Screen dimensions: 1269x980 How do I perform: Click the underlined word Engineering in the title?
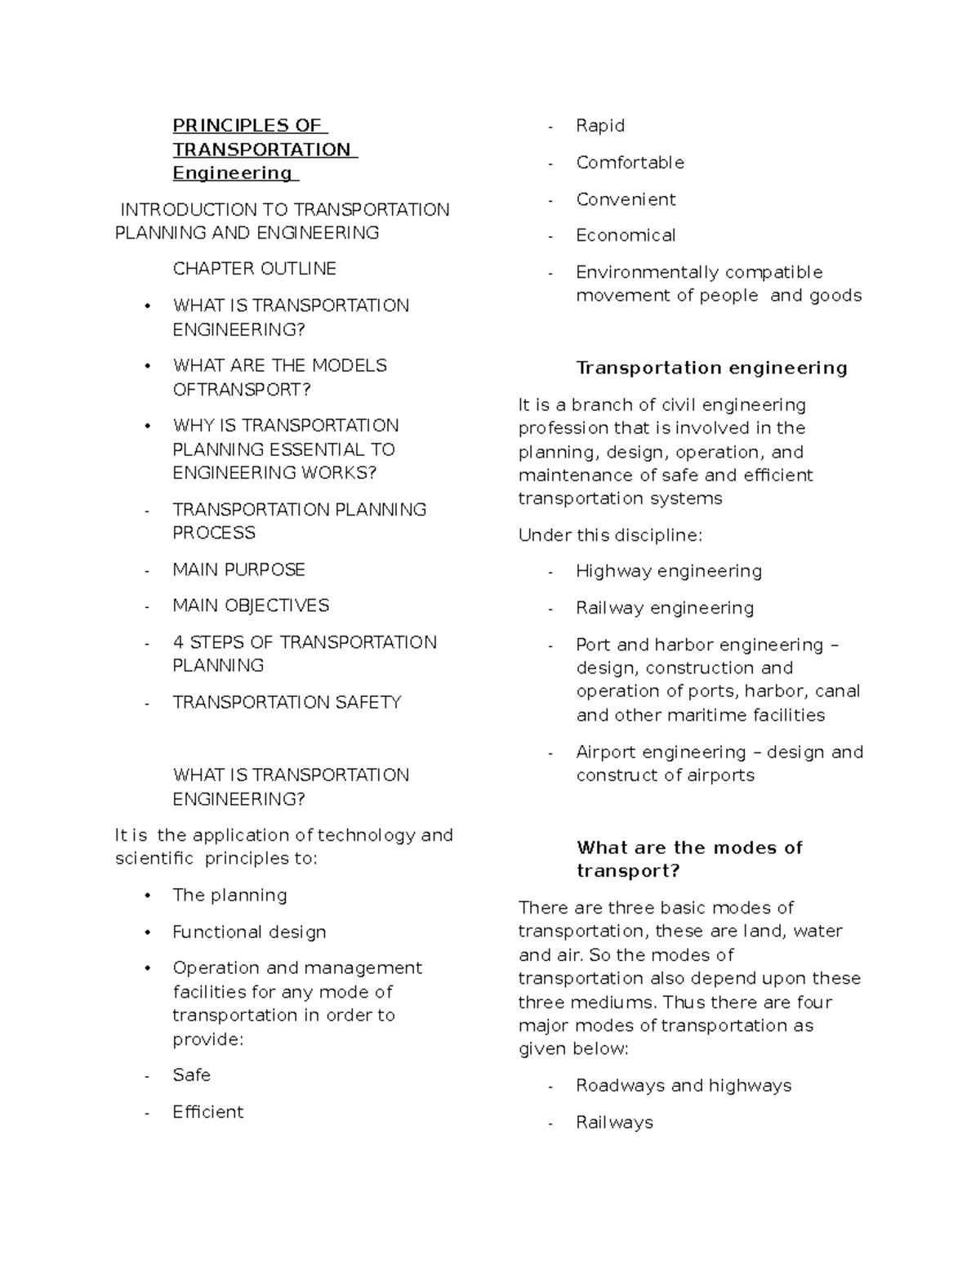click(232, 173)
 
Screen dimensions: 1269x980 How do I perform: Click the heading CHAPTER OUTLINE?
click(254, 269)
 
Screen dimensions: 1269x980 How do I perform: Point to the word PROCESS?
click(214, 533)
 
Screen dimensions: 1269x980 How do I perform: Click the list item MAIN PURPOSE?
click(238, 570)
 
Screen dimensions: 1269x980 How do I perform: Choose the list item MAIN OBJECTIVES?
click(251, 605)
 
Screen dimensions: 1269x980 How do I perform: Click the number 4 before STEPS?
click(178, 642)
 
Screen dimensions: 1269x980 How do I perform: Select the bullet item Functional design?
click(249, 932)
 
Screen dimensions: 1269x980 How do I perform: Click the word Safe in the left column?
click(191, 1075)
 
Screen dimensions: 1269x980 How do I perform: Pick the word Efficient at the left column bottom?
click(207, 1112)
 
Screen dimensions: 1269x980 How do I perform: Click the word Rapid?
click(600, 126)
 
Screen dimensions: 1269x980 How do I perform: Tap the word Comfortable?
click(630, 163)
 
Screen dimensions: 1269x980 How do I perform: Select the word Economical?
click(626, 235)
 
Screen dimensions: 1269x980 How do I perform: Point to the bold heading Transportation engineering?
click(711, 368)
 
